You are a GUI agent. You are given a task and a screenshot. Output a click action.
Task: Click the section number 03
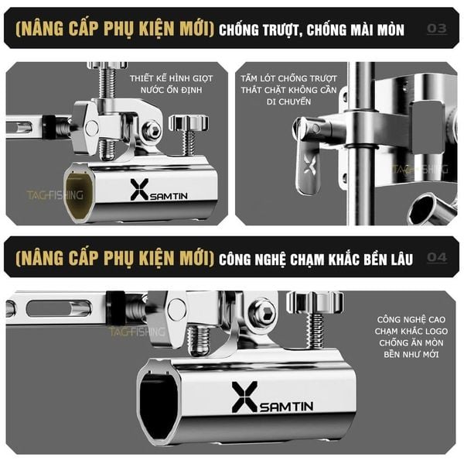[x=437, y=29]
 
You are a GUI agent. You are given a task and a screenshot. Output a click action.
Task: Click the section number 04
[x=437, y=257]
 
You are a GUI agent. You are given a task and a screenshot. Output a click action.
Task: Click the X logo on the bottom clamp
[x=244, y=397]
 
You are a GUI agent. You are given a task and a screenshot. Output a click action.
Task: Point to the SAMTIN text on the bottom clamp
[x=286, y=406]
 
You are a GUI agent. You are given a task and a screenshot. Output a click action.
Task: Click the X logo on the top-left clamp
[x=139, y=190]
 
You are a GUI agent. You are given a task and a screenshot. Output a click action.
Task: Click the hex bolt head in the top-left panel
[x=152, y=130]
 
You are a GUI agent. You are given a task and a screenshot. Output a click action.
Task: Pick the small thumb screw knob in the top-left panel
[x=189, y=123]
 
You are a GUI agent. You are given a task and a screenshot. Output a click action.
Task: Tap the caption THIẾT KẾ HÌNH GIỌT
[x=172, y=78]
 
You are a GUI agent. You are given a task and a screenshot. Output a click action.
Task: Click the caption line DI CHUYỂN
[x=288, y=101]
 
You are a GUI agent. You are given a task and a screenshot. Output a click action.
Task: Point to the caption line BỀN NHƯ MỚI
[x=411, y=354]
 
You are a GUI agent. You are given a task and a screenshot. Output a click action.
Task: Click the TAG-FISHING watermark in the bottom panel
[x=138, y=332]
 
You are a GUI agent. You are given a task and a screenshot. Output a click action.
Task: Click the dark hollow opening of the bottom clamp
[x=158, y=400]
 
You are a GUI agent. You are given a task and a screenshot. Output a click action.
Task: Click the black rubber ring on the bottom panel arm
[x=116, y=308]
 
